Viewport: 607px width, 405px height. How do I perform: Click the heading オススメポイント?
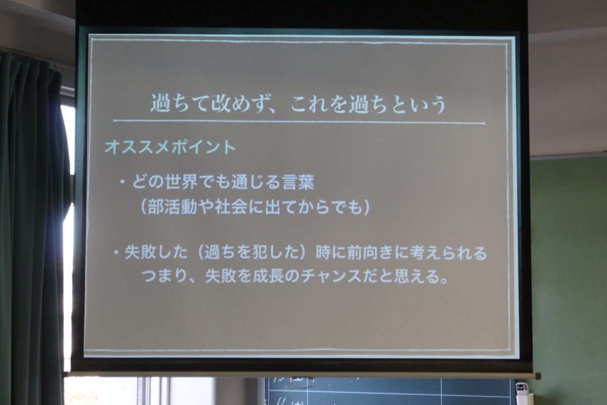170,147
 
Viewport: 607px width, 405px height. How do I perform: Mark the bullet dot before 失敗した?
116,253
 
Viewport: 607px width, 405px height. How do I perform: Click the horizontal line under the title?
299,122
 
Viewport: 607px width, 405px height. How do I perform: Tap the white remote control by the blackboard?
521,394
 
